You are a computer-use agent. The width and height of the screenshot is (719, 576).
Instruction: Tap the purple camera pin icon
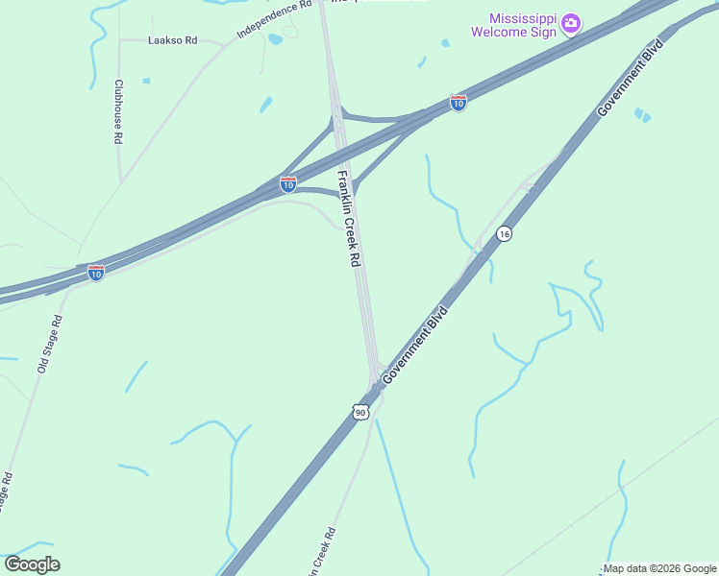point(570,22)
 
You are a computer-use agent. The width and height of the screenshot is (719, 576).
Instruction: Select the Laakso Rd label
point(172,41)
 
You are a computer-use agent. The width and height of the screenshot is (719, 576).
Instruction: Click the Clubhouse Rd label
point(118,111)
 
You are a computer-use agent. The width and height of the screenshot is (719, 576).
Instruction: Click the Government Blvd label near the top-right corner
point(632,78)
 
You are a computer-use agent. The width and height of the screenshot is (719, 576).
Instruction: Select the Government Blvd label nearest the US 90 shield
point(416,346)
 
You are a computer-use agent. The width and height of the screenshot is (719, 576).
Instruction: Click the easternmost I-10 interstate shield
point(459,103)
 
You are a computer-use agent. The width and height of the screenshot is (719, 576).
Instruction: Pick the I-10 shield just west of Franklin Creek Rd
point(288,183)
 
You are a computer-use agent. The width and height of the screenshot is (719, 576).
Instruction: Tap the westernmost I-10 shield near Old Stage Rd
point(96,273)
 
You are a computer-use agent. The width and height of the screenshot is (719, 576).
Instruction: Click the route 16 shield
point(505,234)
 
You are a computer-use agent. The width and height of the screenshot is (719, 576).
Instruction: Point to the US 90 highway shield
point(359,413)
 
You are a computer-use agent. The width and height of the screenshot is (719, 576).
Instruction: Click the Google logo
point(32,564)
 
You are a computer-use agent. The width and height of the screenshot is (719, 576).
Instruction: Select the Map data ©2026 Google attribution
point(659,568)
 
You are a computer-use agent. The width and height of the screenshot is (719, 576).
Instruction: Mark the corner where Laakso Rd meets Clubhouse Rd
point(119,41)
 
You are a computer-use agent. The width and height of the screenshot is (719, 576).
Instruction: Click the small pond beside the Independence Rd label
point(276,39)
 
